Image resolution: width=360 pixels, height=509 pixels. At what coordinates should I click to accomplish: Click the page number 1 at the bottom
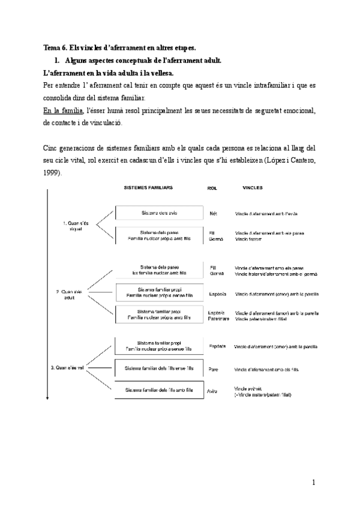click(313, 482)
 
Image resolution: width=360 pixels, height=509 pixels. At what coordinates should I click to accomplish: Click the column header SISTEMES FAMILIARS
click(148, 188)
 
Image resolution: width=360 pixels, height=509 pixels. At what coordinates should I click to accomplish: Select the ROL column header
click(212, 188)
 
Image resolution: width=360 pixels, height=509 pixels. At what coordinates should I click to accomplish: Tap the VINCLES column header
click(253, 188)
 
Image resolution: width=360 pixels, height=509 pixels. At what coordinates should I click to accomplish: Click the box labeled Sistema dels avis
click(155, 213)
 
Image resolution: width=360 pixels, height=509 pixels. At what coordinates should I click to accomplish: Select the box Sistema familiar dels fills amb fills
click(155, 390)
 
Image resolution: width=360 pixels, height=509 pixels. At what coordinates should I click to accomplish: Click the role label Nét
click(213, 214)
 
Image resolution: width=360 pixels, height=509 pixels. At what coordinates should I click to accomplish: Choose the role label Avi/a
click(212, 390)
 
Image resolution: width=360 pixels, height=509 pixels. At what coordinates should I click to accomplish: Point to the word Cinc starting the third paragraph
click(52, 148)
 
